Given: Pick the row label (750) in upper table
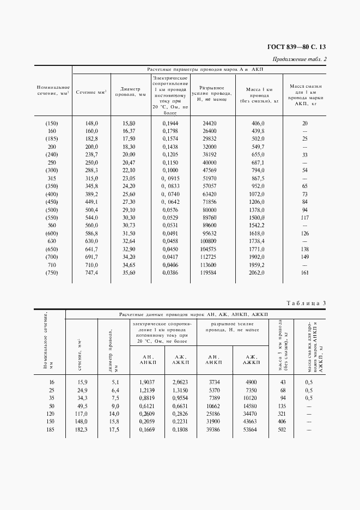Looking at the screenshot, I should tap(52, 272).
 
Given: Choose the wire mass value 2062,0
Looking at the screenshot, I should tap(257, 272).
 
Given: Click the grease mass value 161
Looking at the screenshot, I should tap(304, 272).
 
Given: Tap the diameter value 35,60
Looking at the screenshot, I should tap(129, 272).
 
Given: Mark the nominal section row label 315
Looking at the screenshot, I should tap(52, 178).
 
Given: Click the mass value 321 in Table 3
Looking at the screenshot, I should tap(282, 414).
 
